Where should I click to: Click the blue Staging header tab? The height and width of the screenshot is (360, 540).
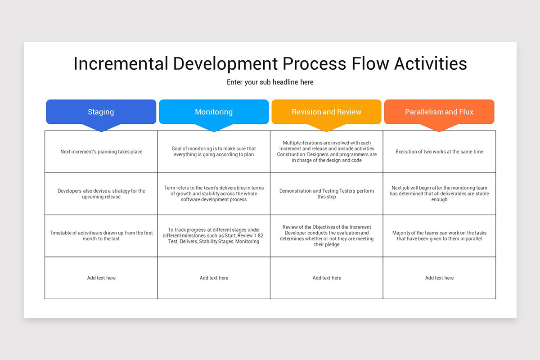[x=101, y=112]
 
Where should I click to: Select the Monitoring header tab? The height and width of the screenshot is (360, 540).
[x=214, y=112]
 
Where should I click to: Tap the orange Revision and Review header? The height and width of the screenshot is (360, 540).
[x=326, y=112]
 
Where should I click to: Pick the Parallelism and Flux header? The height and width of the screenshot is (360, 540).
[x=439, y=112]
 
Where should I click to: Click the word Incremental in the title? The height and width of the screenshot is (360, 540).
[x=120, y=64]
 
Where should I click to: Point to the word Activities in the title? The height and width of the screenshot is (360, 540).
[x=430, y=64]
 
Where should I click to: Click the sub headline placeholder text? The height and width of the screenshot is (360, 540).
[x=270, y=82]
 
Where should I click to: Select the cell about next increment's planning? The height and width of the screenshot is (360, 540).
[x=101, y=152]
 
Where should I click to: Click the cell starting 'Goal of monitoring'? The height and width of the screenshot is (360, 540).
[x=214, y=152]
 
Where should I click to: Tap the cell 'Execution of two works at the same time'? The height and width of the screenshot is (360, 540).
[x=439, y=152]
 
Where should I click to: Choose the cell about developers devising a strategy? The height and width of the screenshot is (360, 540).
[x=101, y=193]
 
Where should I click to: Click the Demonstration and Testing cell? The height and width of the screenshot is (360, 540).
[x=327, y=193]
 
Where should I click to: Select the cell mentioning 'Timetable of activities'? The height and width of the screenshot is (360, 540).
[x=101, y=236]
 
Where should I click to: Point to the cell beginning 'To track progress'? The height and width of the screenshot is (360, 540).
[x=214, y=236]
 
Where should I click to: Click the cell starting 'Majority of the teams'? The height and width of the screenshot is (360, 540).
[x=439, y=236]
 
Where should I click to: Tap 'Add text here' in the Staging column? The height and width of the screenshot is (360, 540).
[x=101, y=278]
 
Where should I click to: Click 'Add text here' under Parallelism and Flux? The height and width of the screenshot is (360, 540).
[x=439, y=278]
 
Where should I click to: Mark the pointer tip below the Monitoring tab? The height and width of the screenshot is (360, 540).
[x=214, y=130]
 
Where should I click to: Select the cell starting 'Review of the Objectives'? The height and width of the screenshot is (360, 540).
[x=327, y=236]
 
